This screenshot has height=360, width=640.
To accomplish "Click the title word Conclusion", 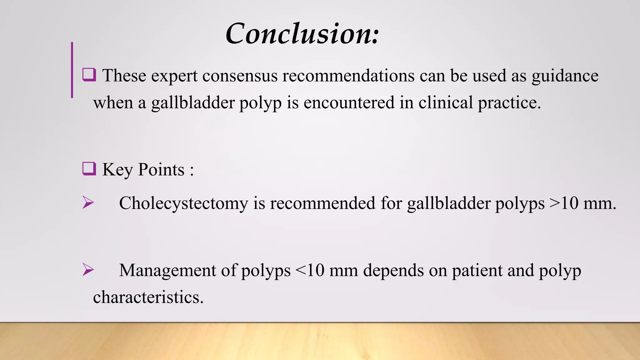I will click(x=302, y=34).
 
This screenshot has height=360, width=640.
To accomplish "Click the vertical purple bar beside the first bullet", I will click(x=72, y=70).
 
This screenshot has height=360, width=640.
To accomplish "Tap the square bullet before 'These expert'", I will click(x=89, y=75).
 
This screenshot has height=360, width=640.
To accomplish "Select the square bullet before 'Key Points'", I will click(x=89, y=169).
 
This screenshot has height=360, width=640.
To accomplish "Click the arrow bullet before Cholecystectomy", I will click(x=88, y=202).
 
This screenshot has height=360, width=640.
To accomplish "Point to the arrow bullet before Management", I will click(x=88, y=270).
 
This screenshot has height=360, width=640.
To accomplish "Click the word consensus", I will click(x=240, y=76).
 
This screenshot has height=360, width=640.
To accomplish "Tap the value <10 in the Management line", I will click(x=310, y=271).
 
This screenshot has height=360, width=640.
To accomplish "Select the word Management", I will click(x=167, y=271).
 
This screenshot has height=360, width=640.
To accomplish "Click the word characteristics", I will click(x=148, y=297).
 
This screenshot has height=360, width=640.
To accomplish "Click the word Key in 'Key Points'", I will click(x=117, y=170).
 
